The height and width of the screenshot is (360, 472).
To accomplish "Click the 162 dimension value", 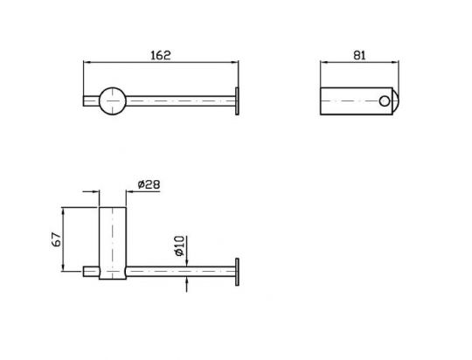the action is coord(161,55).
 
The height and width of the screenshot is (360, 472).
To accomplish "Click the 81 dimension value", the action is coord(359,55).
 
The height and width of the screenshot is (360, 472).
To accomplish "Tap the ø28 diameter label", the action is coord(149,184).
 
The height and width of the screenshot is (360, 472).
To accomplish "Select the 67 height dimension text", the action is coord(57,239).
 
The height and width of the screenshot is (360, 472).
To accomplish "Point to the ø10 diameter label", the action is coord(179,246).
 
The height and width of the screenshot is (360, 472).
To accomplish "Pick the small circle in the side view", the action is coord(384,101).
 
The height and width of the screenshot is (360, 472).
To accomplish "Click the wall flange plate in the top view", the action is coord(237,101).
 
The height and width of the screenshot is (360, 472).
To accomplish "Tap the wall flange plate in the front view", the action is coord(237,272).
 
